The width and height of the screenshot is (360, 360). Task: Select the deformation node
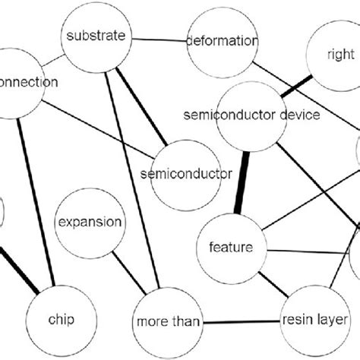pyautogui.click(x=222, y=41)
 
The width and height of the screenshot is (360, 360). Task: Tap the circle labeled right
pyautogui.click(x=339, y=55)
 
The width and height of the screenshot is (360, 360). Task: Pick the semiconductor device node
pyautogui.click(x=251, y=115)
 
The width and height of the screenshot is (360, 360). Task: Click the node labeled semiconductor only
pyautogui.click(x=186, y=174)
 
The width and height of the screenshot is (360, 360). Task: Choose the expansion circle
pyautogui.click(x=89, y=223)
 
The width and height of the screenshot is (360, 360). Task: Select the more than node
pyautogui.click(x=169, y=321)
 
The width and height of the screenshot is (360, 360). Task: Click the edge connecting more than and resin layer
pyautogui.click(x=238, y=321)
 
